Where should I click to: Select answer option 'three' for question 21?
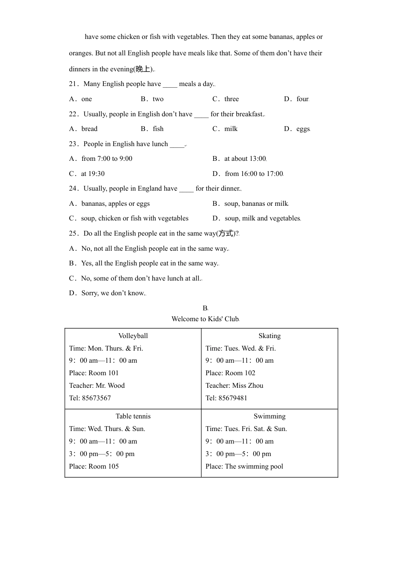point(231,99)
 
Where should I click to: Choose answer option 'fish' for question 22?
point(158,129)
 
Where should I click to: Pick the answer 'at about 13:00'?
point(245,159)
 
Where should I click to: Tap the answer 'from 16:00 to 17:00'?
point(254,174)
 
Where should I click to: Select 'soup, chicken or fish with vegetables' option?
point(135,218)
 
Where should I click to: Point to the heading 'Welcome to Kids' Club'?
point(205,319)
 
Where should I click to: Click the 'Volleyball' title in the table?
point(133,336)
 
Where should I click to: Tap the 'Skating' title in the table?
point(270,336)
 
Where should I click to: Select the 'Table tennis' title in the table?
point(133,416)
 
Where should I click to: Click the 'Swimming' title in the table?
point(270,416)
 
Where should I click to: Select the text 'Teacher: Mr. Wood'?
point(97,386)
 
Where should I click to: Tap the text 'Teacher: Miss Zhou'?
point(234,386)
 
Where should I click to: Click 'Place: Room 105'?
point(94,466)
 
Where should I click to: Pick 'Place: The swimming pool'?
point(244,466)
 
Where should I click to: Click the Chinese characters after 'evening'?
point(143,69)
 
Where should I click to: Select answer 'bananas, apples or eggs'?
point(115,204)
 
